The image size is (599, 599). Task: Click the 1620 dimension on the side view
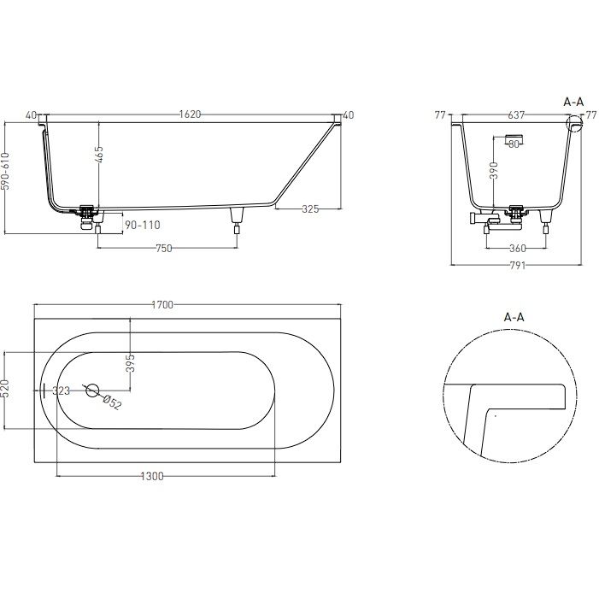(191, 115)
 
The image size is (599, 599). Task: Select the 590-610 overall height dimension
(5, 171)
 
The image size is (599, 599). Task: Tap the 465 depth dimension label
(98, 154)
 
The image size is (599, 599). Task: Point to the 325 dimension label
(310, 209)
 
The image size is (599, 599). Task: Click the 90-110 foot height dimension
(143, 225)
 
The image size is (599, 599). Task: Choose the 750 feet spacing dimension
(164, 249)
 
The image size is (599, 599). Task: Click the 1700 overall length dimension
(162, 305)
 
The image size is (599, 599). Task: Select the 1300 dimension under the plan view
(152, 476)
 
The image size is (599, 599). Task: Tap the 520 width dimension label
(5, 389)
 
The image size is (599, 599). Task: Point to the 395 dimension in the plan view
(130, 363)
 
